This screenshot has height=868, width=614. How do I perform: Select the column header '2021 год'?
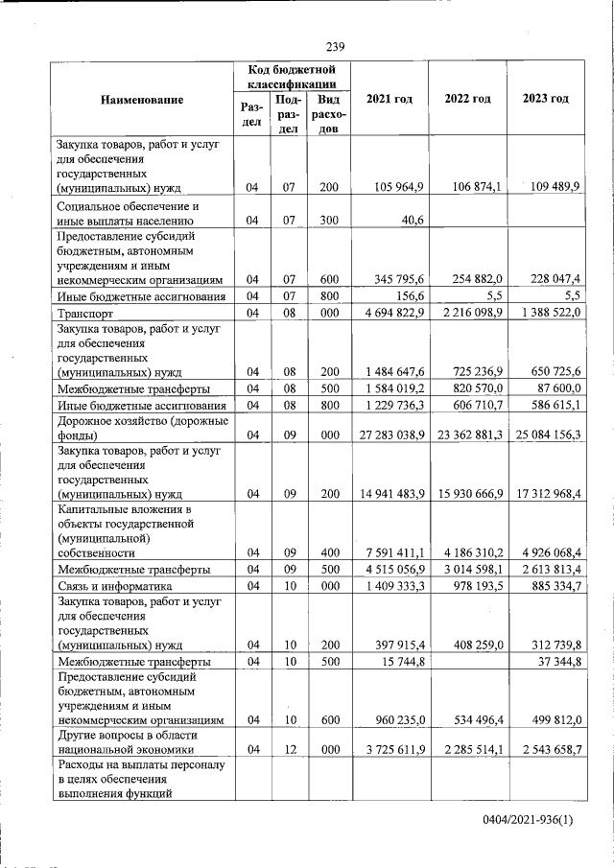tap(389, 100)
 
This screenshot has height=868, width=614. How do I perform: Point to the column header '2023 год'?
tap(546, 100)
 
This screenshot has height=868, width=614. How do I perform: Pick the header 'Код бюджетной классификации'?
tap(291, 77)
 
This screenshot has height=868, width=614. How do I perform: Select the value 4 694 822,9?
tap(389, 313)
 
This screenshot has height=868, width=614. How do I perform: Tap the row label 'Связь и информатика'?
tap(114, 586)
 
